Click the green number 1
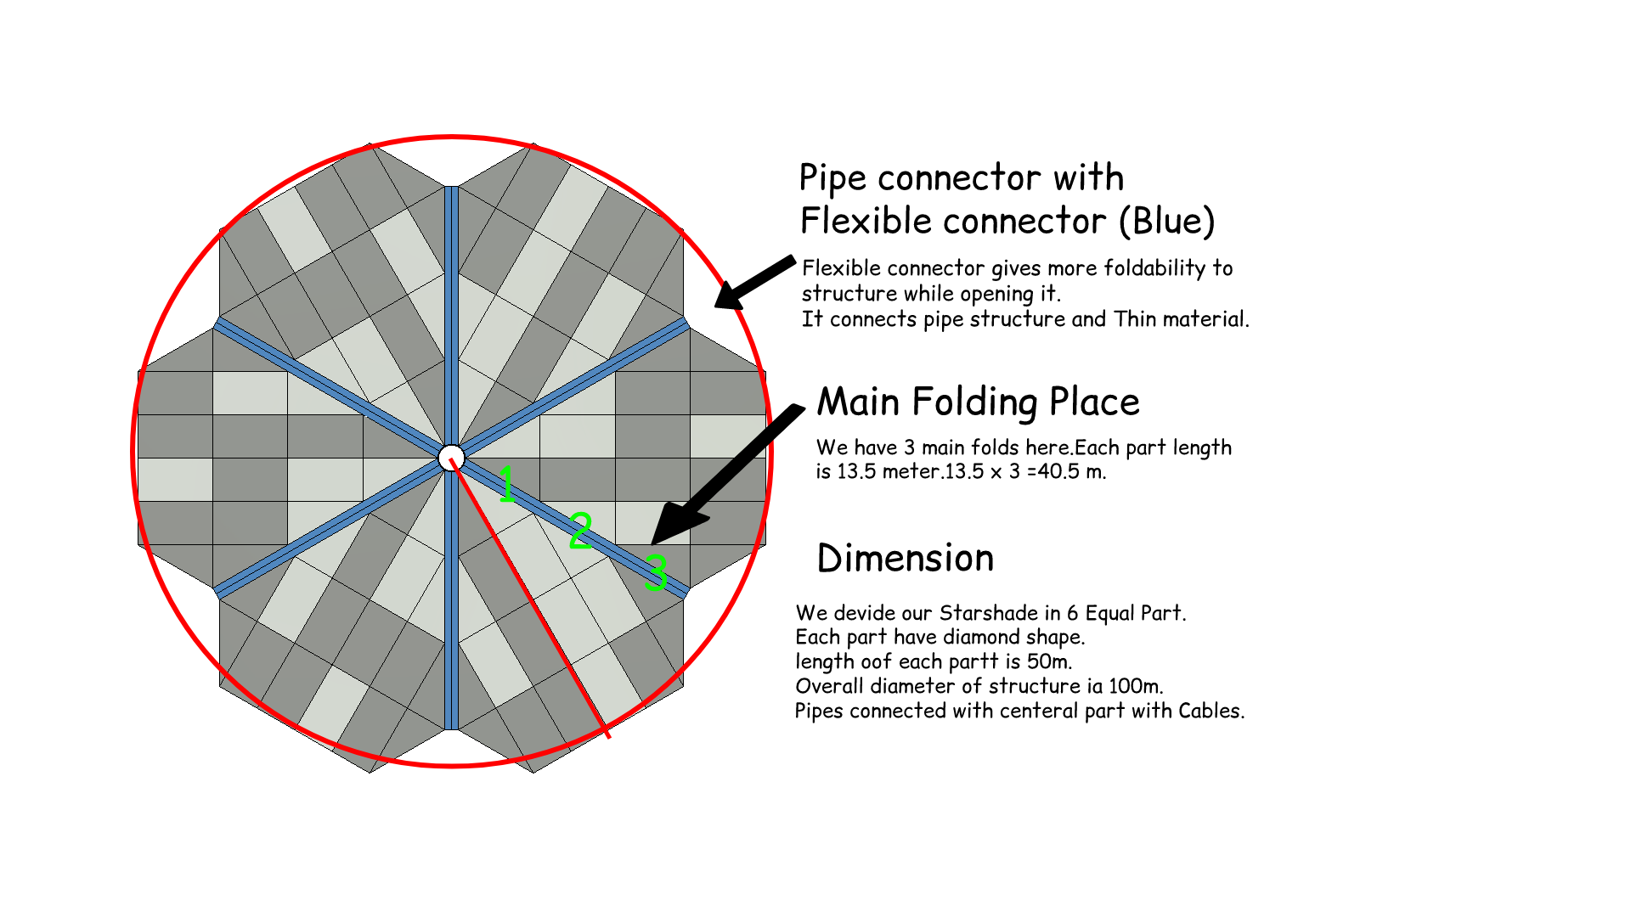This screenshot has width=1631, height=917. point(506,484)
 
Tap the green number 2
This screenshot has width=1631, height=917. point(580,530)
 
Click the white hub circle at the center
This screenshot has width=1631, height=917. point(451,458)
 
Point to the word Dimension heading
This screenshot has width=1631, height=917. point(906,558)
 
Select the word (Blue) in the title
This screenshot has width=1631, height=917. point(1167,221)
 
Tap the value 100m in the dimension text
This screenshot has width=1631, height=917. point(1135,686)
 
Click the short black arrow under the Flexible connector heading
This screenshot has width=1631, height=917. point(755,283)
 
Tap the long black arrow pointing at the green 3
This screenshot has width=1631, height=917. point(727,475)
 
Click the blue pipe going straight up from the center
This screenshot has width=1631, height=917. point(451,315)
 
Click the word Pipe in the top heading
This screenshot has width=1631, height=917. point(833,179)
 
